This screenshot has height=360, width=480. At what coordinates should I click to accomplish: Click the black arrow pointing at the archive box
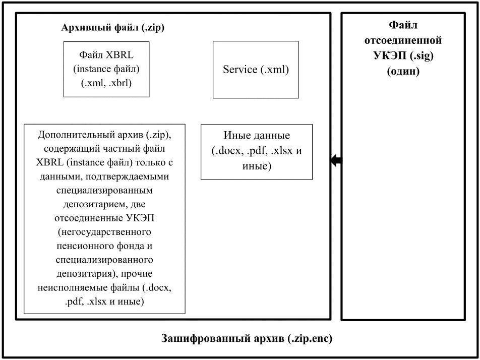pos(336,160)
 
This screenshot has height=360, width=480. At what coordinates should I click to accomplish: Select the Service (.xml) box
pos(256,70)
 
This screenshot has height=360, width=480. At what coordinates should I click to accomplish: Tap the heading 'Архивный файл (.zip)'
pos(112,28)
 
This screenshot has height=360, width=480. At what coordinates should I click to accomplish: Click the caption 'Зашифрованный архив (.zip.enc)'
pos(247,338)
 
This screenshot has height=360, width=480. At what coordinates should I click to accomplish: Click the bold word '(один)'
pos(403,71)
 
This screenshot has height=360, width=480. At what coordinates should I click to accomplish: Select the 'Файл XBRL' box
pos(106,69)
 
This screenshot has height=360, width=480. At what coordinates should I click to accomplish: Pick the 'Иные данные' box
pos(257,152)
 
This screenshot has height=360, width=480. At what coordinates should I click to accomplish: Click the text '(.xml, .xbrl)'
pos(106,83)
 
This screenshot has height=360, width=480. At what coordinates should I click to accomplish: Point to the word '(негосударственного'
pos(104,232)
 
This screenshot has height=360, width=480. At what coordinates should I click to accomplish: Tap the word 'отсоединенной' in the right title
pos(403,40)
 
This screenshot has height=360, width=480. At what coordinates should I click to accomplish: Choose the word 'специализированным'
pos(104,191)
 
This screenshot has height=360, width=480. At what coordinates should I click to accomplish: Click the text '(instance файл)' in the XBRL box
pos(106,69)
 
